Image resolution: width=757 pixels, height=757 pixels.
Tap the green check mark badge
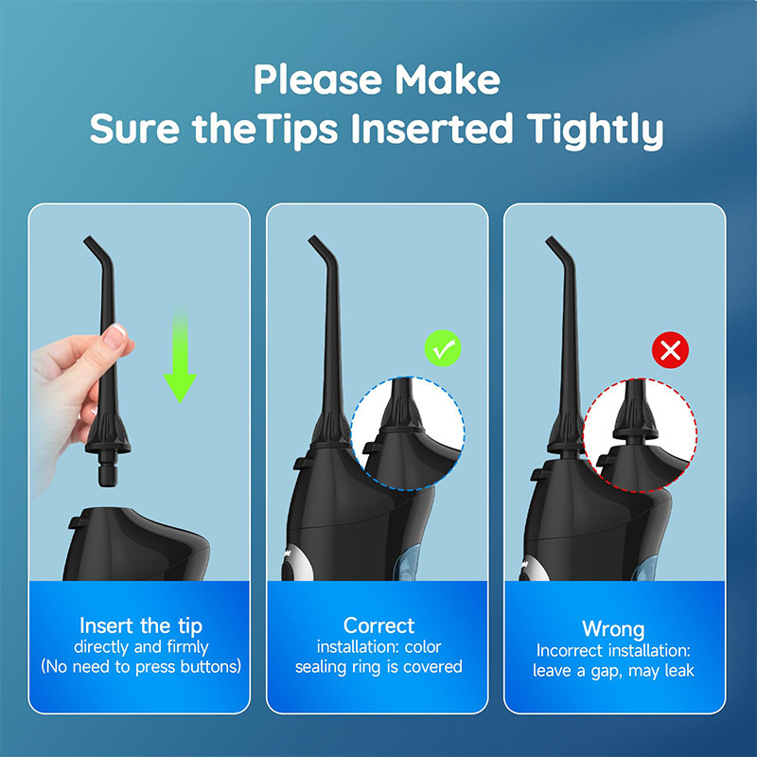point(443,348)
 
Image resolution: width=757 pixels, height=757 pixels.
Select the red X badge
point(671,350)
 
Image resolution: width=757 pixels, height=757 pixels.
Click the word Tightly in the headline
point(594,130)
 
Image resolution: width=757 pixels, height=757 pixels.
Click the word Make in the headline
point(448,79)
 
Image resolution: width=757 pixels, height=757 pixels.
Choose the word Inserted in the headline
point(431,129)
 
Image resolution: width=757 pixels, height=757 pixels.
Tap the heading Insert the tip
point(141,626)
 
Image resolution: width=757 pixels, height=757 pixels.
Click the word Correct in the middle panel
point(379,625)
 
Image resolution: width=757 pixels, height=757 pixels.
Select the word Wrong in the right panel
point(613,629)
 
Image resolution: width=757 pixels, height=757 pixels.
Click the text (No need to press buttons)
point(141,667)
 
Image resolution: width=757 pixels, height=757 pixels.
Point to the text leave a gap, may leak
point(613,671)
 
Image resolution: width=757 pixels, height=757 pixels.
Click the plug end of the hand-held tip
point(108,475)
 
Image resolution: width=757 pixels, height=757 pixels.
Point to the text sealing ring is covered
point(379,667)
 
